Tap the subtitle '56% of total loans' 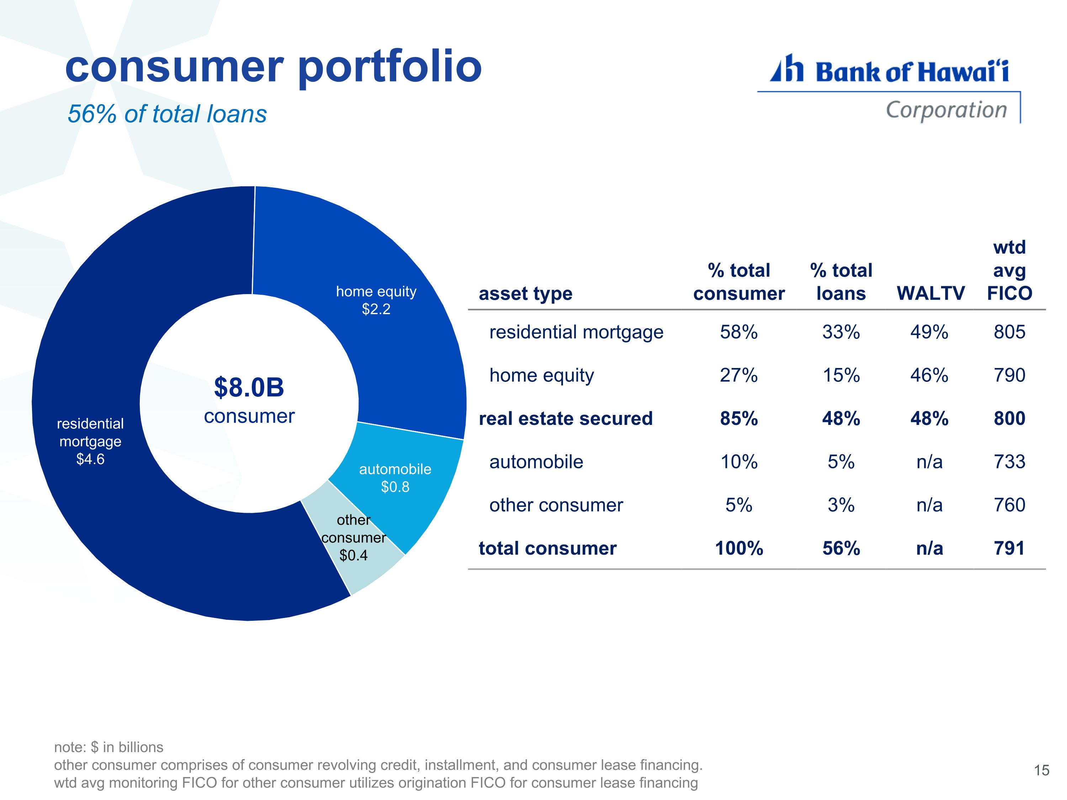167,114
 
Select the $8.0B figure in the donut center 249,387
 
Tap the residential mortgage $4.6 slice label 90,441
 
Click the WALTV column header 930,293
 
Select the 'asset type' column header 525,293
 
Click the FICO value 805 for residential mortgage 1009,332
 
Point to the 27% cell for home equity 738,375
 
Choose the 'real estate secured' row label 566,418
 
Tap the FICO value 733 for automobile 1009,462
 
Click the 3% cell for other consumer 841,505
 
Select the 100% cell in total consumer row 738,548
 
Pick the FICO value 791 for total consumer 1009,548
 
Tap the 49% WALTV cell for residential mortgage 929,332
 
